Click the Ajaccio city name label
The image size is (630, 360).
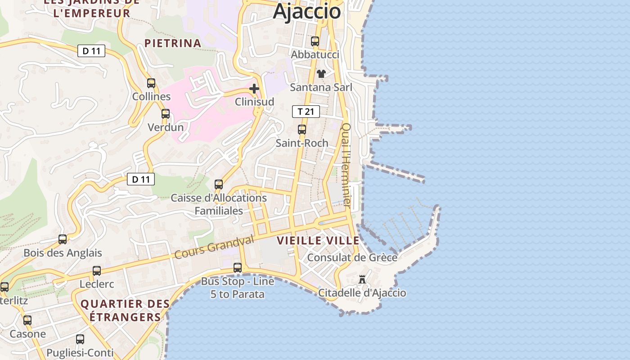(306, 11)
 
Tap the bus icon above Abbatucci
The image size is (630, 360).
(315, 41)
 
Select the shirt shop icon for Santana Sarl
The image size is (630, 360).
(321, 73)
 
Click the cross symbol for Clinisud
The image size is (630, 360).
(254, 89)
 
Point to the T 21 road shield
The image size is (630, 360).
(306, 112)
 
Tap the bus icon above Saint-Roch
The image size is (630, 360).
(302, 130)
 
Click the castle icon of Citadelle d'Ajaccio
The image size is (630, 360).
(362, 279)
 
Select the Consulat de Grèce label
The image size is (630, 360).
(352, 257)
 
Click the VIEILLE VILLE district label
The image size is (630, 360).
(318, 240)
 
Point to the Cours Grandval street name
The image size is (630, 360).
(214, 248)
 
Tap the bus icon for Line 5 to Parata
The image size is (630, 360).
(238, 268)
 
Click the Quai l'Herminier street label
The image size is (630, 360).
(346, 165)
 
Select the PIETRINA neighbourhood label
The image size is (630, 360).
(172, 43)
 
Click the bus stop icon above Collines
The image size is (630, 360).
(151, 83)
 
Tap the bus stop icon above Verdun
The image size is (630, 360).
(166, 114)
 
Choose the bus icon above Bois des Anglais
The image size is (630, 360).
(63, 239)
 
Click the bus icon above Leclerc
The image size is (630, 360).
(97, 271)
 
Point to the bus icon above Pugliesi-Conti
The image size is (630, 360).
(80, 339)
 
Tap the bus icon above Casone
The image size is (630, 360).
(27, 320)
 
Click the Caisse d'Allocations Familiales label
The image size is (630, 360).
(219, 204)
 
